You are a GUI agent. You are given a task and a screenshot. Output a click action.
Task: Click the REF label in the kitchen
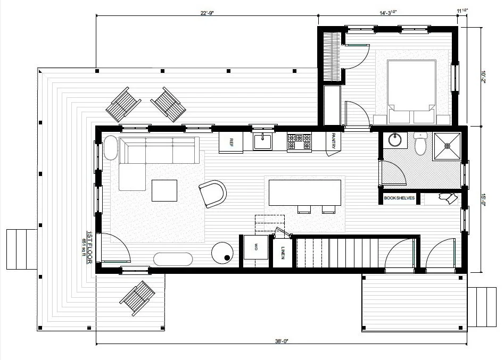(x=232, y=142)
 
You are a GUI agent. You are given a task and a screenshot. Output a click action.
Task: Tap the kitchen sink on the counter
(x=263, y=141)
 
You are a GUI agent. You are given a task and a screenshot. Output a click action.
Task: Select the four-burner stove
(x=300, y=141)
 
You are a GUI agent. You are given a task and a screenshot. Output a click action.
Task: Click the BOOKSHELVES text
(x=400, y=199)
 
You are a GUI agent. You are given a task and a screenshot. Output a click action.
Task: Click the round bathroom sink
(x=395, y=140)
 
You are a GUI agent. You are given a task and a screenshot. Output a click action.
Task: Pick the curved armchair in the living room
(x=213, y=193)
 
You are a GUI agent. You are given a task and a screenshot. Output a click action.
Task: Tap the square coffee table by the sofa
(x=164, y=190)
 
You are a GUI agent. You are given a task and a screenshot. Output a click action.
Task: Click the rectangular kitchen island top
(x=305, y=192)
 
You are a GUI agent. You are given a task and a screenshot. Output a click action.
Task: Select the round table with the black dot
(x=222, y=253)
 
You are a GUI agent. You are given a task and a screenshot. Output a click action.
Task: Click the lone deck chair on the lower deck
(x=137, y=295)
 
